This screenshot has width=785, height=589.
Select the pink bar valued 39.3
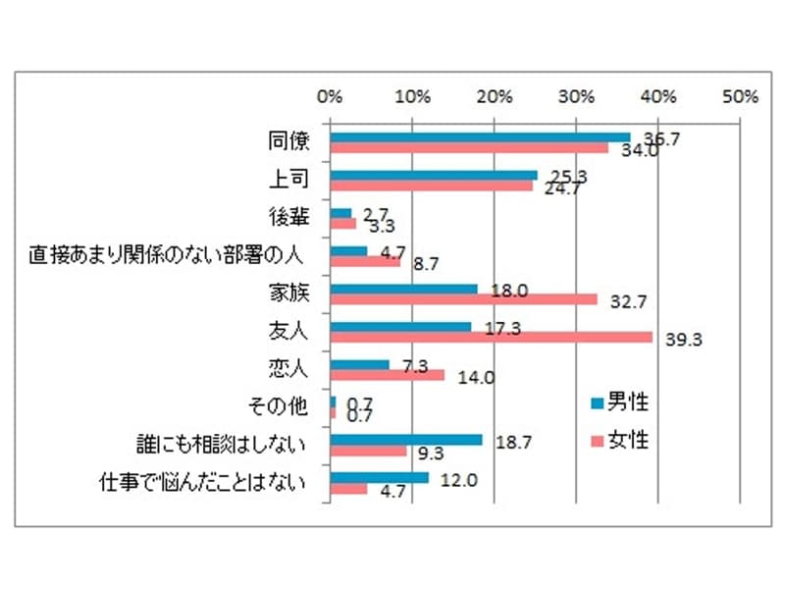pos(491,337)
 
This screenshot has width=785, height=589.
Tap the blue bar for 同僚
pos(480,137)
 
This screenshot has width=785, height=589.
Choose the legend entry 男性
pos(619,402)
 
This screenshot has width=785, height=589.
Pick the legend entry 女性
pos(619,440)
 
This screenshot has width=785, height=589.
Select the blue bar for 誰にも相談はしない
pos(406,440)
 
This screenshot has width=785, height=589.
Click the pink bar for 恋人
pos(388,375)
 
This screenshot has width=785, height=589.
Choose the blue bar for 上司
pos(434,175)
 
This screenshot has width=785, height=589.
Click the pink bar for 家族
pos(463,299)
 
